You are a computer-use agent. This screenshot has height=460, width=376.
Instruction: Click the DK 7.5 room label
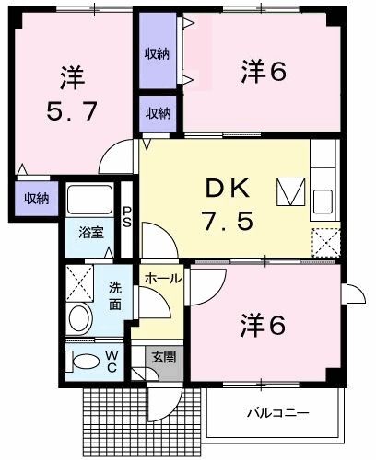[227, 205]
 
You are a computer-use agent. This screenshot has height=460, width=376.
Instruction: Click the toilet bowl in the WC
[84, 360]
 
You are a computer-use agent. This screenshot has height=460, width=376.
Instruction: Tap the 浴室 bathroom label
[89, 233]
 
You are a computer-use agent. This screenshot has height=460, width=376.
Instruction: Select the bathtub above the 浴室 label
[89, 199]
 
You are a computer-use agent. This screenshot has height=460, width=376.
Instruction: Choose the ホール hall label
[162, 278]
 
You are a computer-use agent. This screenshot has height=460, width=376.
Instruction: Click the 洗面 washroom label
[114, 294]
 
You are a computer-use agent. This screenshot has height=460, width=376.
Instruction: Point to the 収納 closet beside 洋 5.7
[37, 198]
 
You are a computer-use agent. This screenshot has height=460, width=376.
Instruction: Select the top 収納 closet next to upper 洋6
[158, 53]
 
